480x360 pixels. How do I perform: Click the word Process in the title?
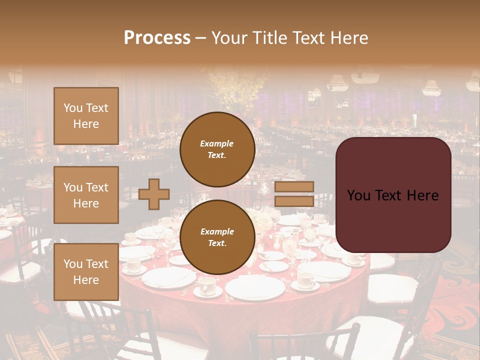tap(157, 38)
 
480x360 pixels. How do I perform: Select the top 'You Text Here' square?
tap(86, 116)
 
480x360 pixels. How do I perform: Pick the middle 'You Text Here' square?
tap(86, 195)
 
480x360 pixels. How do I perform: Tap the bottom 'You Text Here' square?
tap(86, 271)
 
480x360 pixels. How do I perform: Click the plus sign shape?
tap(154, 194)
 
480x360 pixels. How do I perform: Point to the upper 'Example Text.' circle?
tap(217, 149)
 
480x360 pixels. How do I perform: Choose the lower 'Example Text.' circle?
tap(217, 237)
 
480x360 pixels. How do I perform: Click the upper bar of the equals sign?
tap(294, 186)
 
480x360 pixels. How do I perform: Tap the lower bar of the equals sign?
tap(294, 201)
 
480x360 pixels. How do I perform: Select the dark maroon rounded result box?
tap(393, 195)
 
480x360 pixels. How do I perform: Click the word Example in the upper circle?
tap(217, 143)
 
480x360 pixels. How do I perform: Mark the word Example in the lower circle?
tap(217, 231)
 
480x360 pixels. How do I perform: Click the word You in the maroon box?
tap(358, 195)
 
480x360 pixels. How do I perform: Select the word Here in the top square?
tap(86, 124)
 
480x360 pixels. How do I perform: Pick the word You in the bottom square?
tap(73, 263)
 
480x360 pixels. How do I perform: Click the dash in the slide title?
tap(201, 38)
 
